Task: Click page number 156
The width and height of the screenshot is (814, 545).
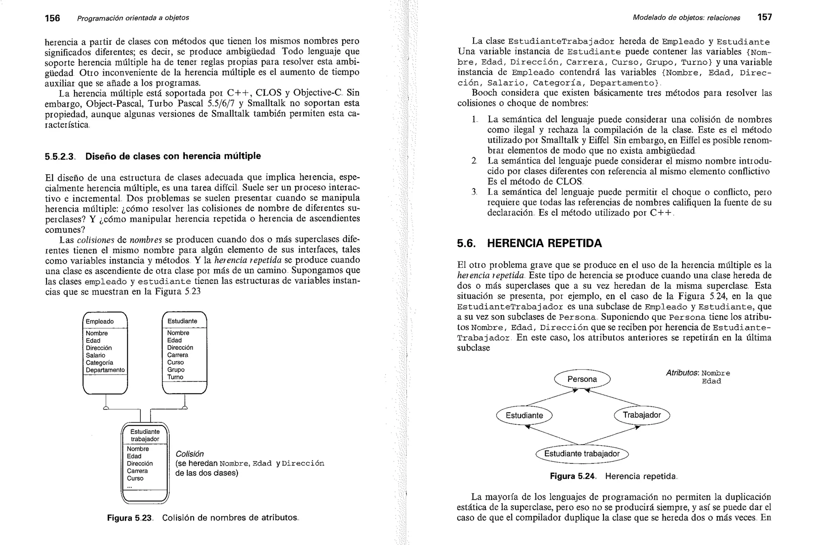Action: click(52, 18)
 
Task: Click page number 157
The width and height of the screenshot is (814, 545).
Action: click(764, 17)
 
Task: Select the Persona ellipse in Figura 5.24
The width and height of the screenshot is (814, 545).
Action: click(582, 379)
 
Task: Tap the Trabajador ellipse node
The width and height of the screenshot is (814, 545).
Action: click(642, 415)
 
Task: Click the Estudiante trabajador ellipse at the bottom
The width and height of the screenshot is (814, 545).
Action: click(582, 454)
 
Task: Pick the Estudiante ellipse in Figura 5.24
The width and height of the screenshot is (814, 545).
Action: click(524, 416)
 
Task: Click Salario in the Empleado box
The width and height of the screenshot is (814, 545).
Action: click(95, 355)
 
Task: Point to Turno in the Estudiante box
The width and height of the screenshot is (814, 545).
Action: click(175, 377)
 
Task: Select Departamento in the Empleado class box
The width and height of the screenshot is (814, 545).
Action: click(105, 370)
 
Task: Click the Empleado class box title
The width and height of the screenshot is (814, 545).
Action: click(100, 321)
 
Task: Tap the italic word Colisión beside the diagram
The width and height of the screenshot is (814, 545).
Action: click(190, 454)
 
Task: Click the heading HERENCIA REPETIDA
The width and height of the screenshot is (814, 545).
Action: click(544, 243)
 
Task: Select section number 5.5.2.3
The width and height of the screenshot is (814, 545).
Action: click(60, 157)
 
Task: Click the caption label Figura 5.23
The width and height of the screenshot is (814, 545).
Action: click(130, 518)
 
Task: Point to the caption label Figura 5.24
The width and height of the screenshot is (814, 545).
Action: click(572, 476)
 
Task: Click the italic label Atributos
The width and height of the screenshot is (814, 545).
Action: click(682, 373)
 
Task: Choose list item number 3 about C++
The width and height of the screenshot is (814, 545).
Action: click(474, 192)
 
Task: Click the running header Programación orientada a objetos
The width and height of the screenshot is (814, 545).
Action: click(133, 18)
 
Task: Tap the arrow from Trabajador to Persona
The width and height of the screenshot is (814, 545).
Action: click(612, 398)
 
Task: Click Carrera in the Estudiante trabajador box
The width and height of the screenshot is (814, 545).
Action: click(137, 471)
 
